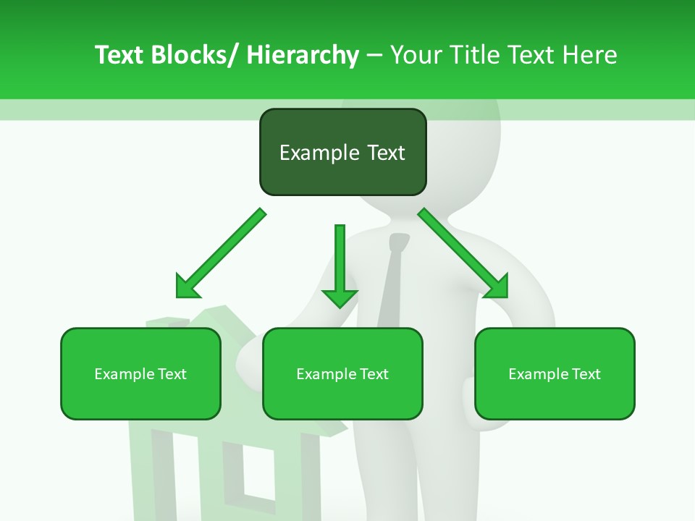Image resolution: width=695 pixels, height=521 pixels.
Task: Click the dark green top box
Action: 342,152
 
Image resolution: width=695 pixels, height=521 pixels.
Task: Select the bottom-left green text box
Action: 140,373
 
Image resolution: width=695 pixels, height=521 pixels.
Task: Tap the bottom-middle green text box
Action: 342,373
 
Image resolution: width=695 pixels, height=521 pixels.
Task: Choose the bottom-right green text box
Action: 555,373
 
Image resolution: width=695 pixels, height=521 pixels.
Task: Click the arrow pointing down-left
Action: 221,253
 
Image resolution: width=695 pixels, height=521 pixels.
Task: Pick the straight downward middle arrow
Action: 340,264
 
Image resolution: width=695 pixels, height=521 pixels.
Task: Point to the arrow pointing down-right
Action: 463,253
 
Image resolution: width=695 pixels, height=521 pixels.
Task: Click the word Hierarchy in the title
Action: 303,55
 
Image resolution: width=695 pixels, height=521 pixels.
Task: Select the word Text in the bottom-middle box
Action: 374,374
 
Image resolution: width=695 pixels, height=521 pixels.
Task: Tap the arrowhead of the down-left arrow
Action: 188,287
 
